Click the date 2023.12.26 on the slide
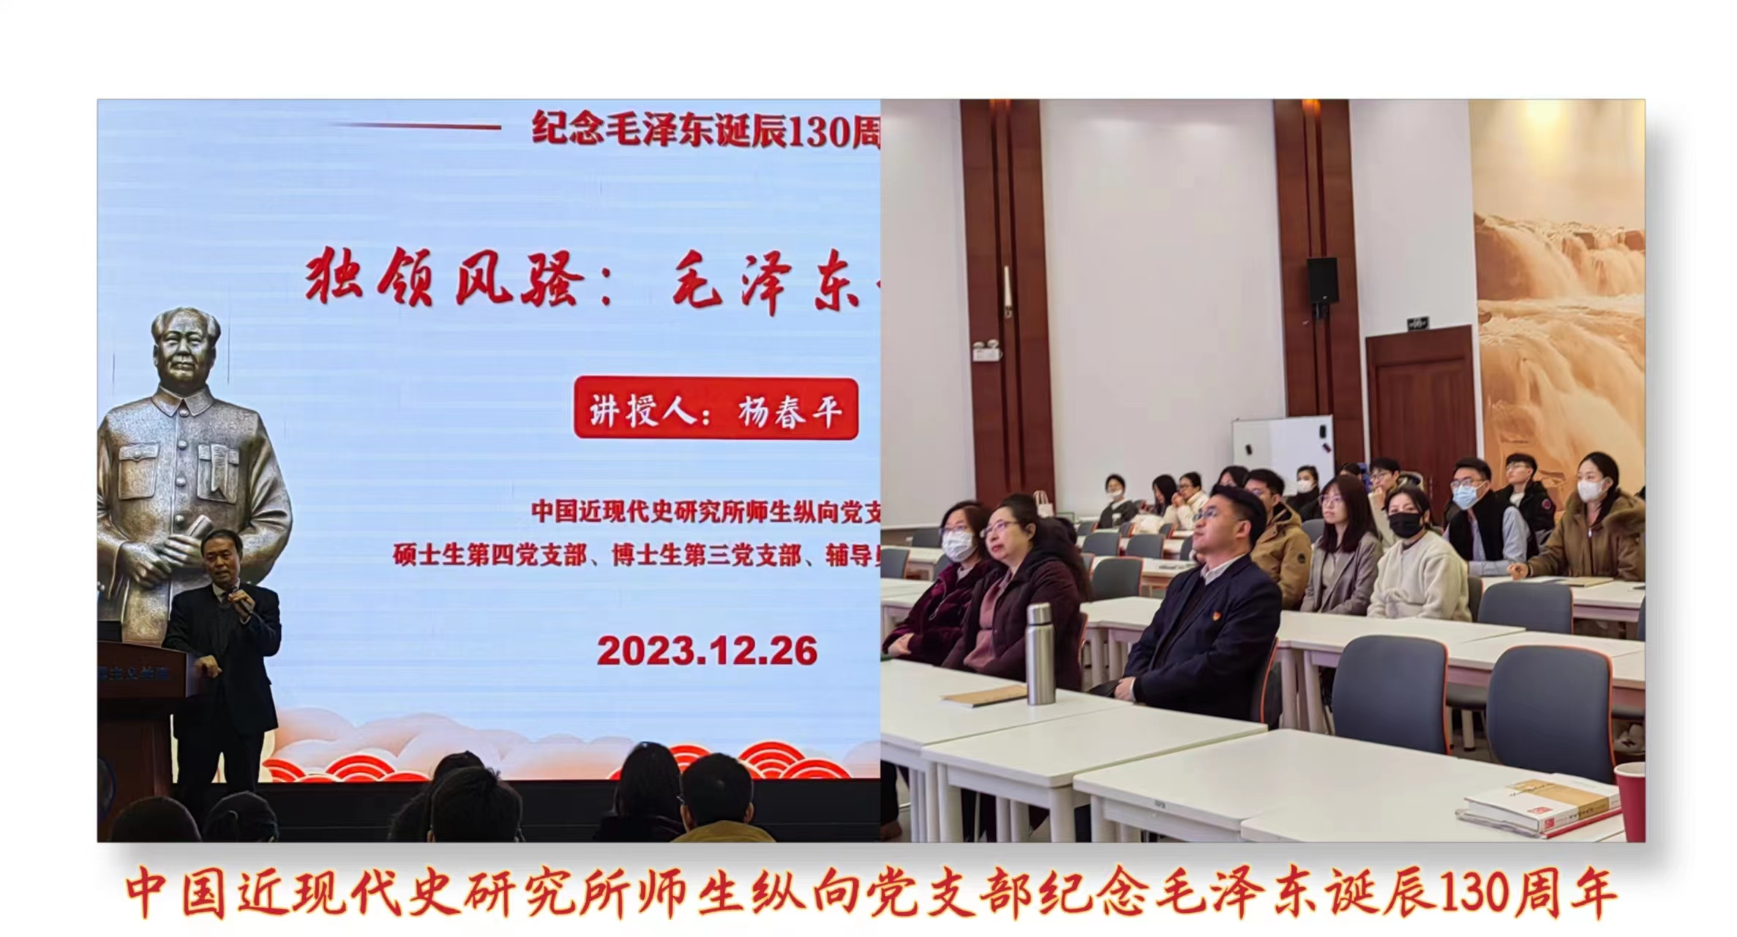707,651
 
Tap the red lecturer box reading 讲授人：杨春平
716,409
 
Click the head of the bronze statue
187,348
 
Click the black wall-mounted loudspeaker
1322,281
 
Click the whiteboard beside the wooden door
1282,444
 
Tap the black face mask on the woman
1405,524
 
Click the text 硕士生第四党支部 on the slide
489,556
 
